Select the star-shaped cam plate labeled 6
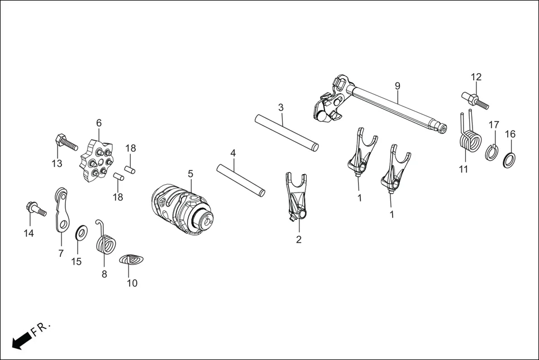(97, 162)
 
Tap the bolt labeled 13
(65, 143)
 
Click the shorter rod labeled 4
(241, 179)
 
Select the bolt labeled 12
(475, 100)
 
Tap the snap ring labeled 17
(492, 152)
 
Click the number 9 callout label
(397, 86)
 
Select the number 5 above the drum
(190, 174)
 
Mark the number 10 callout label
(132, 283)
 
